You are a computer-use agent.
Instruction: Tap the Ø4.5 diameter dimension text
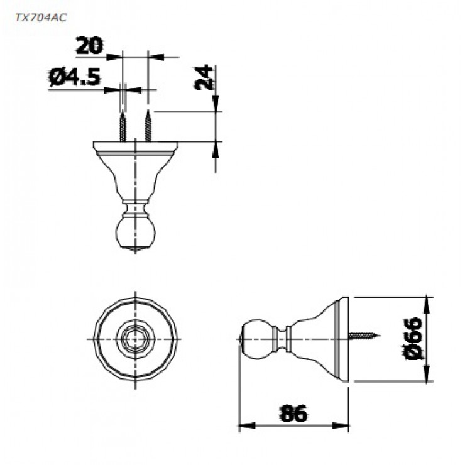pos(75,78)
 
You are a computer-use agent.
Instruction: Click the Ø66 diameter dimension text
pos(415,339)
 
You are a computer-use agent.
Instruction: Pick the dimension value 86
pos(293,414)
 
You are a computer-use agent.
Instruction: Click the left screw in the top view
pos(123,127)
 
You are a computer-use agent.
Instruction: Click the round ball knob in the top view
pos(135,233)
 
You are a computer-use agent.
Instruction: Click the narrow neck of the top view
pos(135,208)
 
